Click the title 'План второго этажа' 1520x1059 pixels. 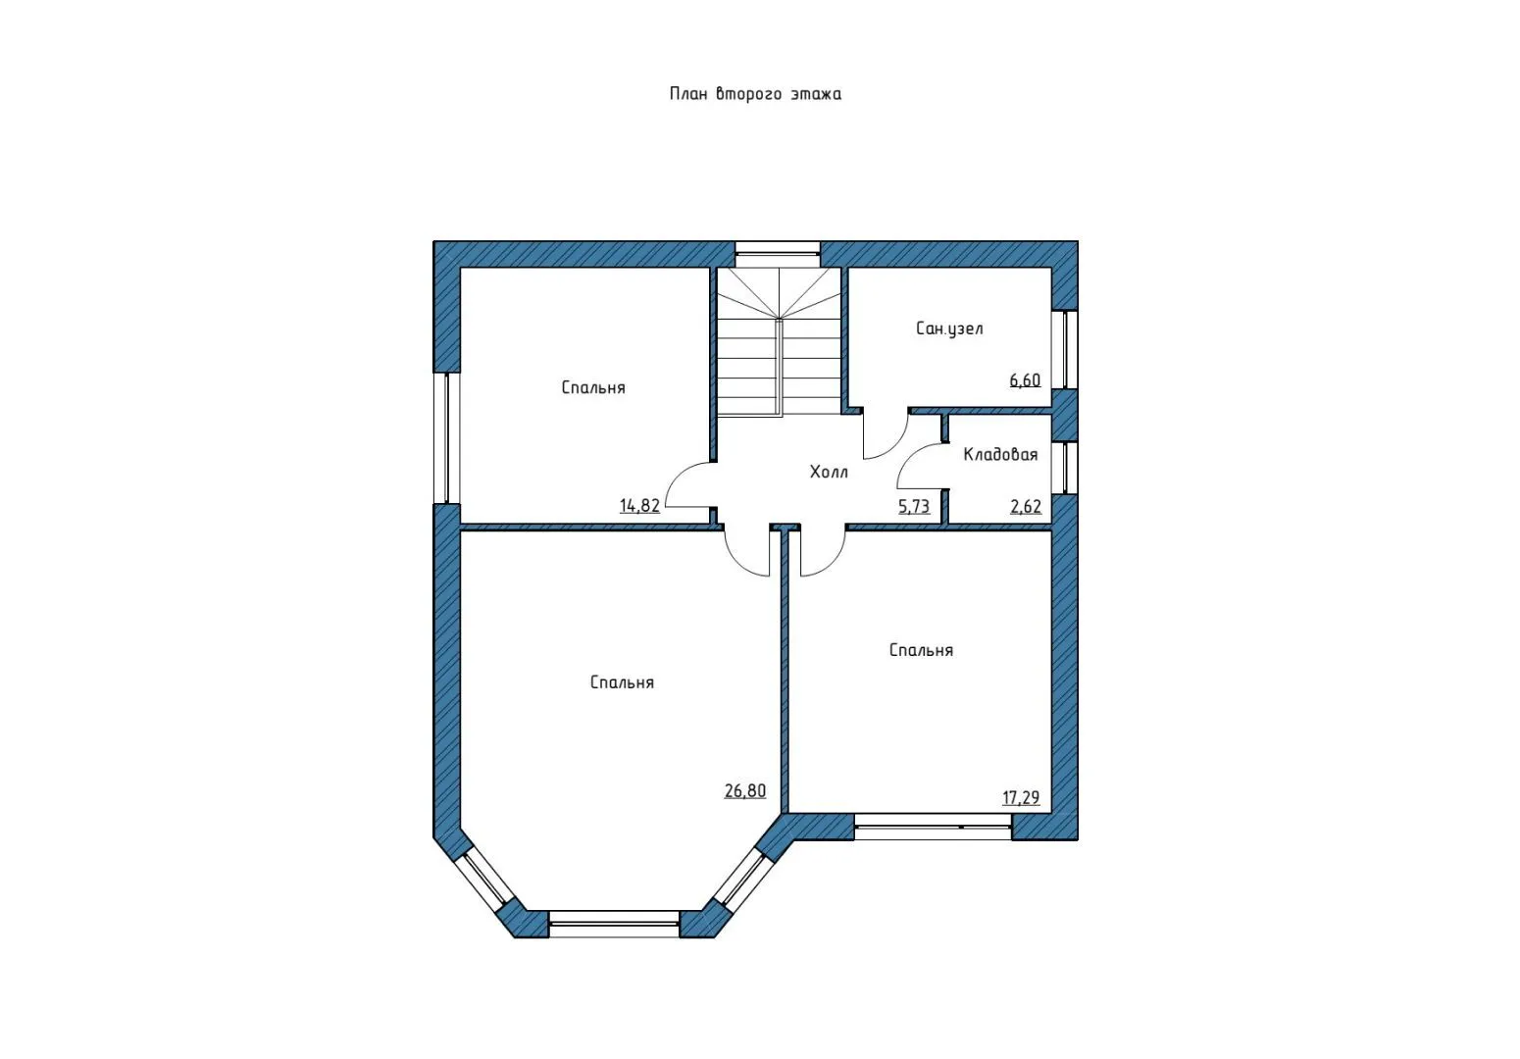click(755, 93)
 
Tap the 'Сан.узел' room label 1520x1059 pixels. click(949, 329)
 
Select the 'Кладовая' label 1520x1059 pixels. click(1001, 455)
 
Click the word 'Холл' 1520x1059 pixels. click(829, 472)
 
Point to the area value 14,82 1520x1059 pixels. click(639, 505)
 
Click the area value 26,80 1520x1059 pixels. click(745, 790)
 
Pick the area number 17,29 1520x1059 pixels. click(1021, 797)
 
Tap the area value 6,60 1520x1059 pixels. click(1025, 379)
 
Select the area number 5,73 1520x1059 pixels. click(914, 506)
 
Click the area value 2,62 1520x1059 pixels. click(1026, 506)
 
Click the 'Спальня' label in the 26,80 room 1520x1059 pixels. click(622, 682)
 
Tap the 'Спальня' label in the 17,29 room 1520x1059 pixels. click(921, 650)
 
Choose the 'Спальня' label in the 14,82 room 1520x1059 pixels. click(593, 387)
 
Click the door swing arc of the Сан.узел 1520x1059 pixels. click(895, 445)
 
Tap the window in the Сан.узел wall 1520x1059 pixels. click(1065, 349)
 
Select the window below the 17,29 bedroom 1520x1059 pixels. click(933, 827)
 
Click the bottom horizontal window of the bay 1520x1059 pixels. click(614, 924)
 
